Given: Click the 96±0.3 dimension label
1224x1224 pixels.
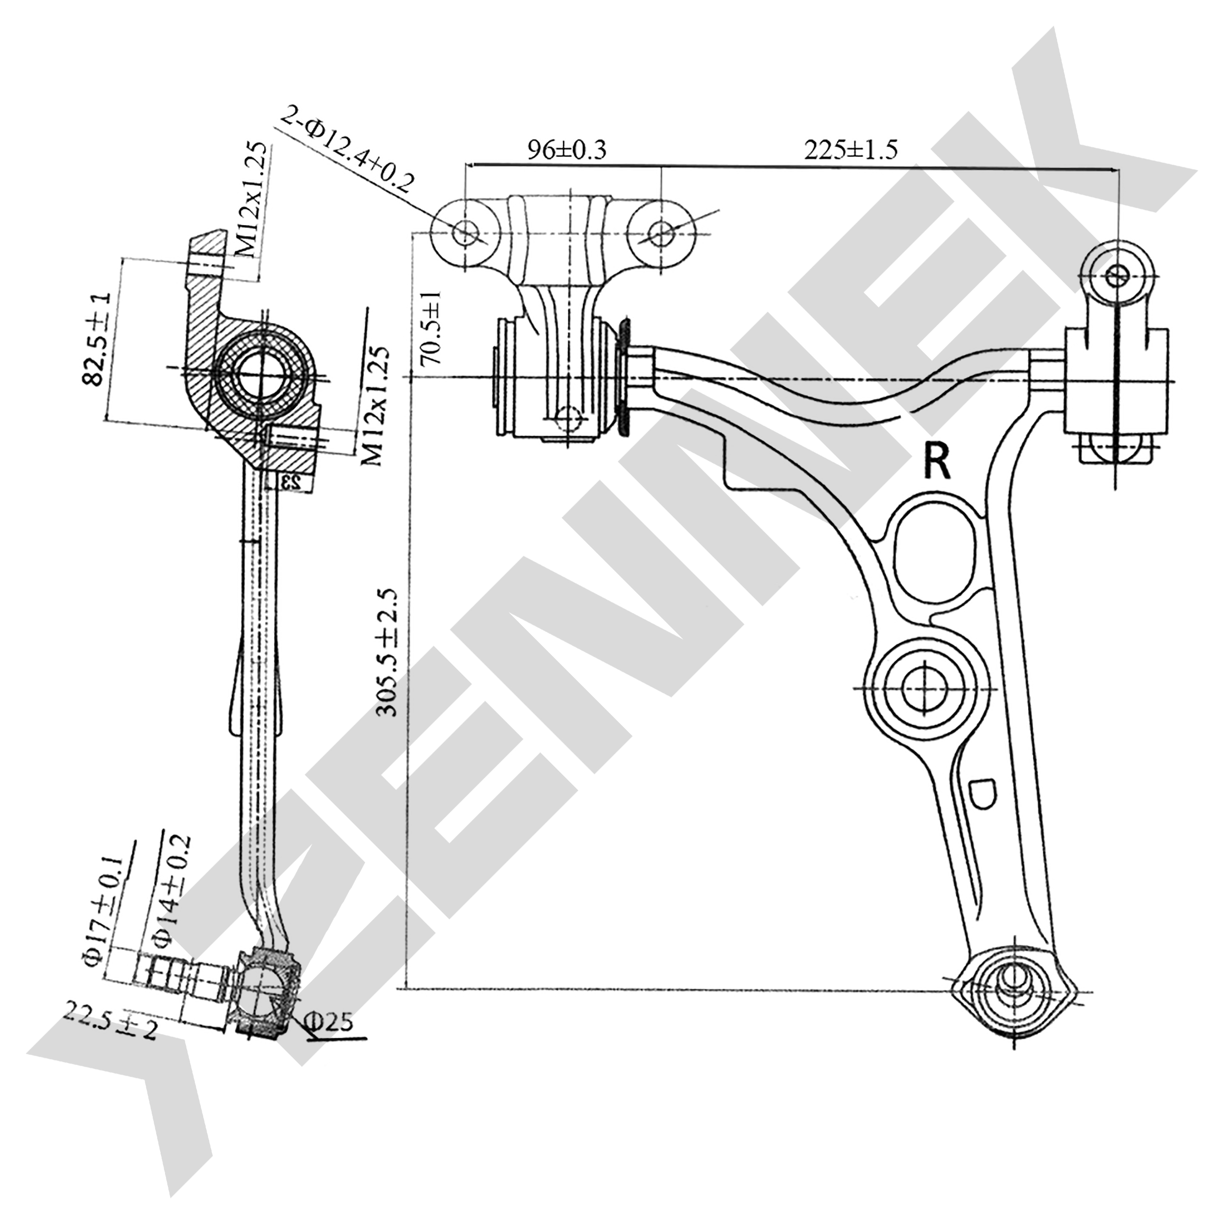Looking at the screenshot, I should pyautogui.click(x=567, y=150).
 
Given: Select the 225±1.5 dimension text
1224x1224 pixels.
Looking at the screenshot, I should pyautogui.click(x=851, y=150).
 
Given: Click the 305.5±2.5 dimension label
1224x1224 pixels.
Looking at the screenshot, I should pyautogui.click(x=386, y=653).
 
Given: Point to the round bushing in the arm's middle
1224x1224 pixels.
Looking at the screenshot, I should pyautogui.click(x=924, y=688).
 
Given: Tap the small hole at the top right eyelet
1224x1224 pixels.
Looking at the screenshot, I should pyautogui.click(x=1116, y=276).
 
